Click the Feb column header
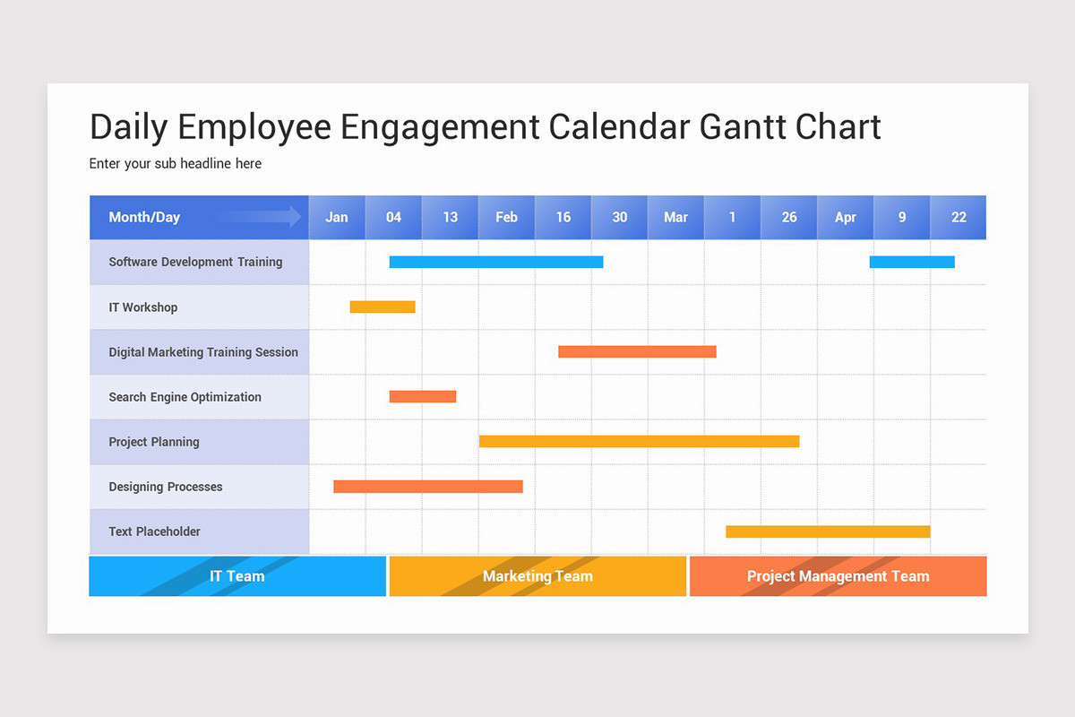coord(506,217)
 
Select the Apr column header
coord(845,217)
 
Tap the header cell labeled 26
coord(788,217)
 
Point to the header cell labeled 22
coord(959,217)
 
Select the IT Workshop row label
coord(143,307)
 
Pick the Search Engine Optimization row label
coord(185,397)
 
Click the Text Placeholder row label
coord(154,531)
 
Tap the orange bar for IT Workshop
coord(383,307)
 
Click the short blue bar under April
coord(912,262)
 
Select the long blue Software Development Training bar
coord(496,262)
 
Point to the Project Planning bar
coord(639,441)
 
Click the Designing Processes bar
coord(428,487)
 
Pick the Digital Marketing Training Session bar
coord(637,351)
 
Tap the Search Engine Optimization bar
coord(423,396)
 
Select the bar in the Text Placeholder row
coord(828,531)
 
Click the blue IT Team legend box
coord(237,576)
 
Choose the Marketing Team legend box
coord(537,576)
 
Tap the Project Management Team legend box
coord(838,576)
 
